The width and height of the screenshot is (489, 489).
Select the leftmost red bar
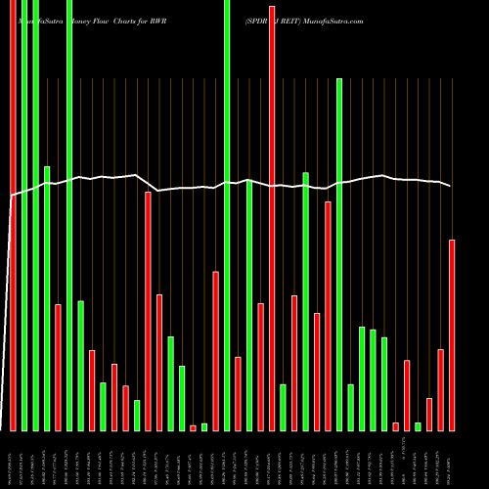(58, 367)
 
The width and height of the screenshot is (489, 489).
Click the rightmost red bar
(452, 334)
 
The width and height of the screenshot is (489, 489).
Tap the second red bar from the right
(441, 389)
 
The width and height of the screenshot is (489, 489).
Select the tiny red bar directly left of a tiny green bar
(193, 427)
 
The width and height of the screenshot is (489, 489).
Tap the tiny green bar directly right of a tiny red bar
(204, 426)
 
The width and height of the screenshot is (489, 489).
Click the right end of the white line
(451, 186)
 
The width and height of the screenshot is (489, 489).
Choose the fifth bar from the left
(58, 367)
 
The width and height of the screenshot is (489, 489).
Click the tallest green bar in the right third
(339, 254)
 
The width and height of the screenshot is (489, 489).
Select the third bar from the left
(35, 215)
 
